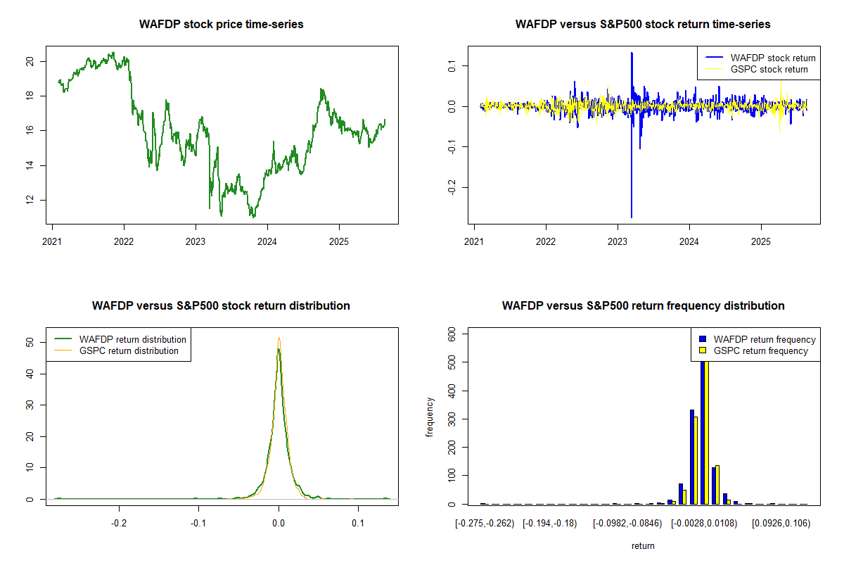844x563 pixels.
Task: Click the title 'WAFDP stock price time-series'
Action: point(221,25)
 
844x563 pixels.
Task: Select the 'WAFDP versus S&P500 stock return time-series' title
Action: point(643,25)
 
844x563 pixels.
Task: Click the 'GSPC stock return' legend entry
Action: point(769,70)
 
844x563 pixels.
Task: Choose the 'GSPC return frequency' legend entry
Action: point(760,350)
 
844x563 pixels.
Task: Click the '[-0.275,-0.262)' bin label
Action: point(485,524)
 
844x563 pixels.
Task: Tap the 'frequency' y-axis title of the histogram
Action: point(430,417)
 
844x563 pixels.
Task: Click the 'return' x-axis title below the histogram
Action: point(643,546)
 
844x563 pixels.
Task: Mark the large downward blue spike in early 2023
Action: point(632,211)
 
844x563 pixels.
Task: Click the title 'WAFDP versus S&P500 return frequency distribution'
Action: point(643,306)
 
